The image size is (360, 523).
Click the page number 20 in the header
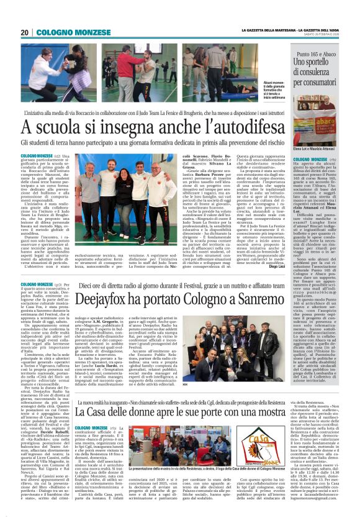point(24,32)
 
